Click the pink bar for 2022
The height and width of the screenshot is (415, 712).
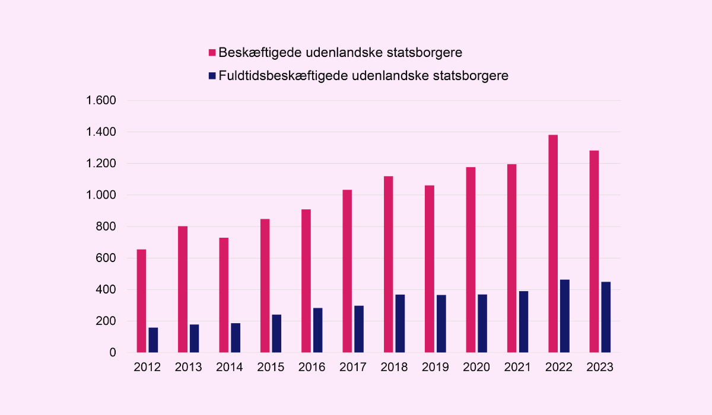553,244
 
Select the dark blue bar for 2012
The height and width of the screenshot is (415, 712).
153,340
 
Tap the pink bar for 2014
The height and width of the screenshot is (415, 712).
224,295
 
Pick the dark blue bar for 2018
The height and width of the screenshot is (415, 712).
400,324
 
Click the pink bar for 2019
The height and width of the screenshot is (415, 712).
430,269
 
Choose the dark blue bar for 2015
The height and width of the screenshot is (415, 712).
276,334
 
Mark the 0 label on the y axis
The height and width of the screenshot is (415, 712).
112,353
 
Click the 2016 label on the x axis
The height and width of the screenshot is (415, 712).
312,368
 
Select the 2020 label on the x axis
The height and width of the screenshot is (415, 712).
476,368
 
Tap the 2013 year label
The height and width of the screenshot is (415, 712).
188,368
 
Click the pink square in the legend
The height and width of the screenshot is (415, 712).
212,53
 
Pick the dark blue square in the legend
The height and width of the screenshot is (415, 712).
212,76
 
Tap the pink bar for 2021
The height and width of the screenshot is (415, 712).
511,258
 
